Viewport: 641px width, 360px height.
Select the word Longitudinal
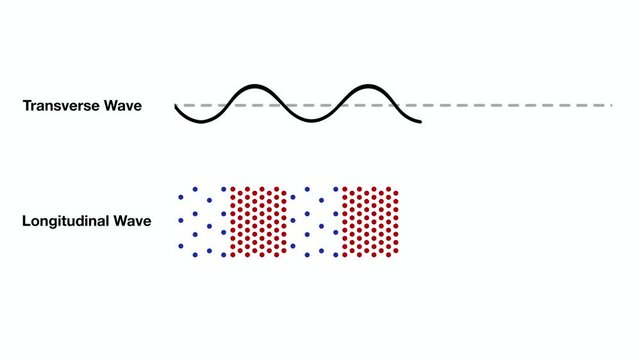point(65,220)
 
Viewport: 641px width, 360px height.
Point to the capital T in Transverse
point(26,105)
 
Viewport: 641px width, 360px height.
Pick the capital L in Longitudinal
point(26,220)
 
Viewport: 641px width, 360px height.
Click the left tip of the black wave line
point(175,105)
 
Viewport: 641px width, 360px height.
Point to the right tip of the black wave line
point(420,122)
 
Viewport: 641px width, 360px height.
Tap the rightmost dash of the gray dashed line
point(603,104)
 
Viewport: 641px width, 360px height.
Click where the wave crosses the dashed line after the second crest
point(392,104)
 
